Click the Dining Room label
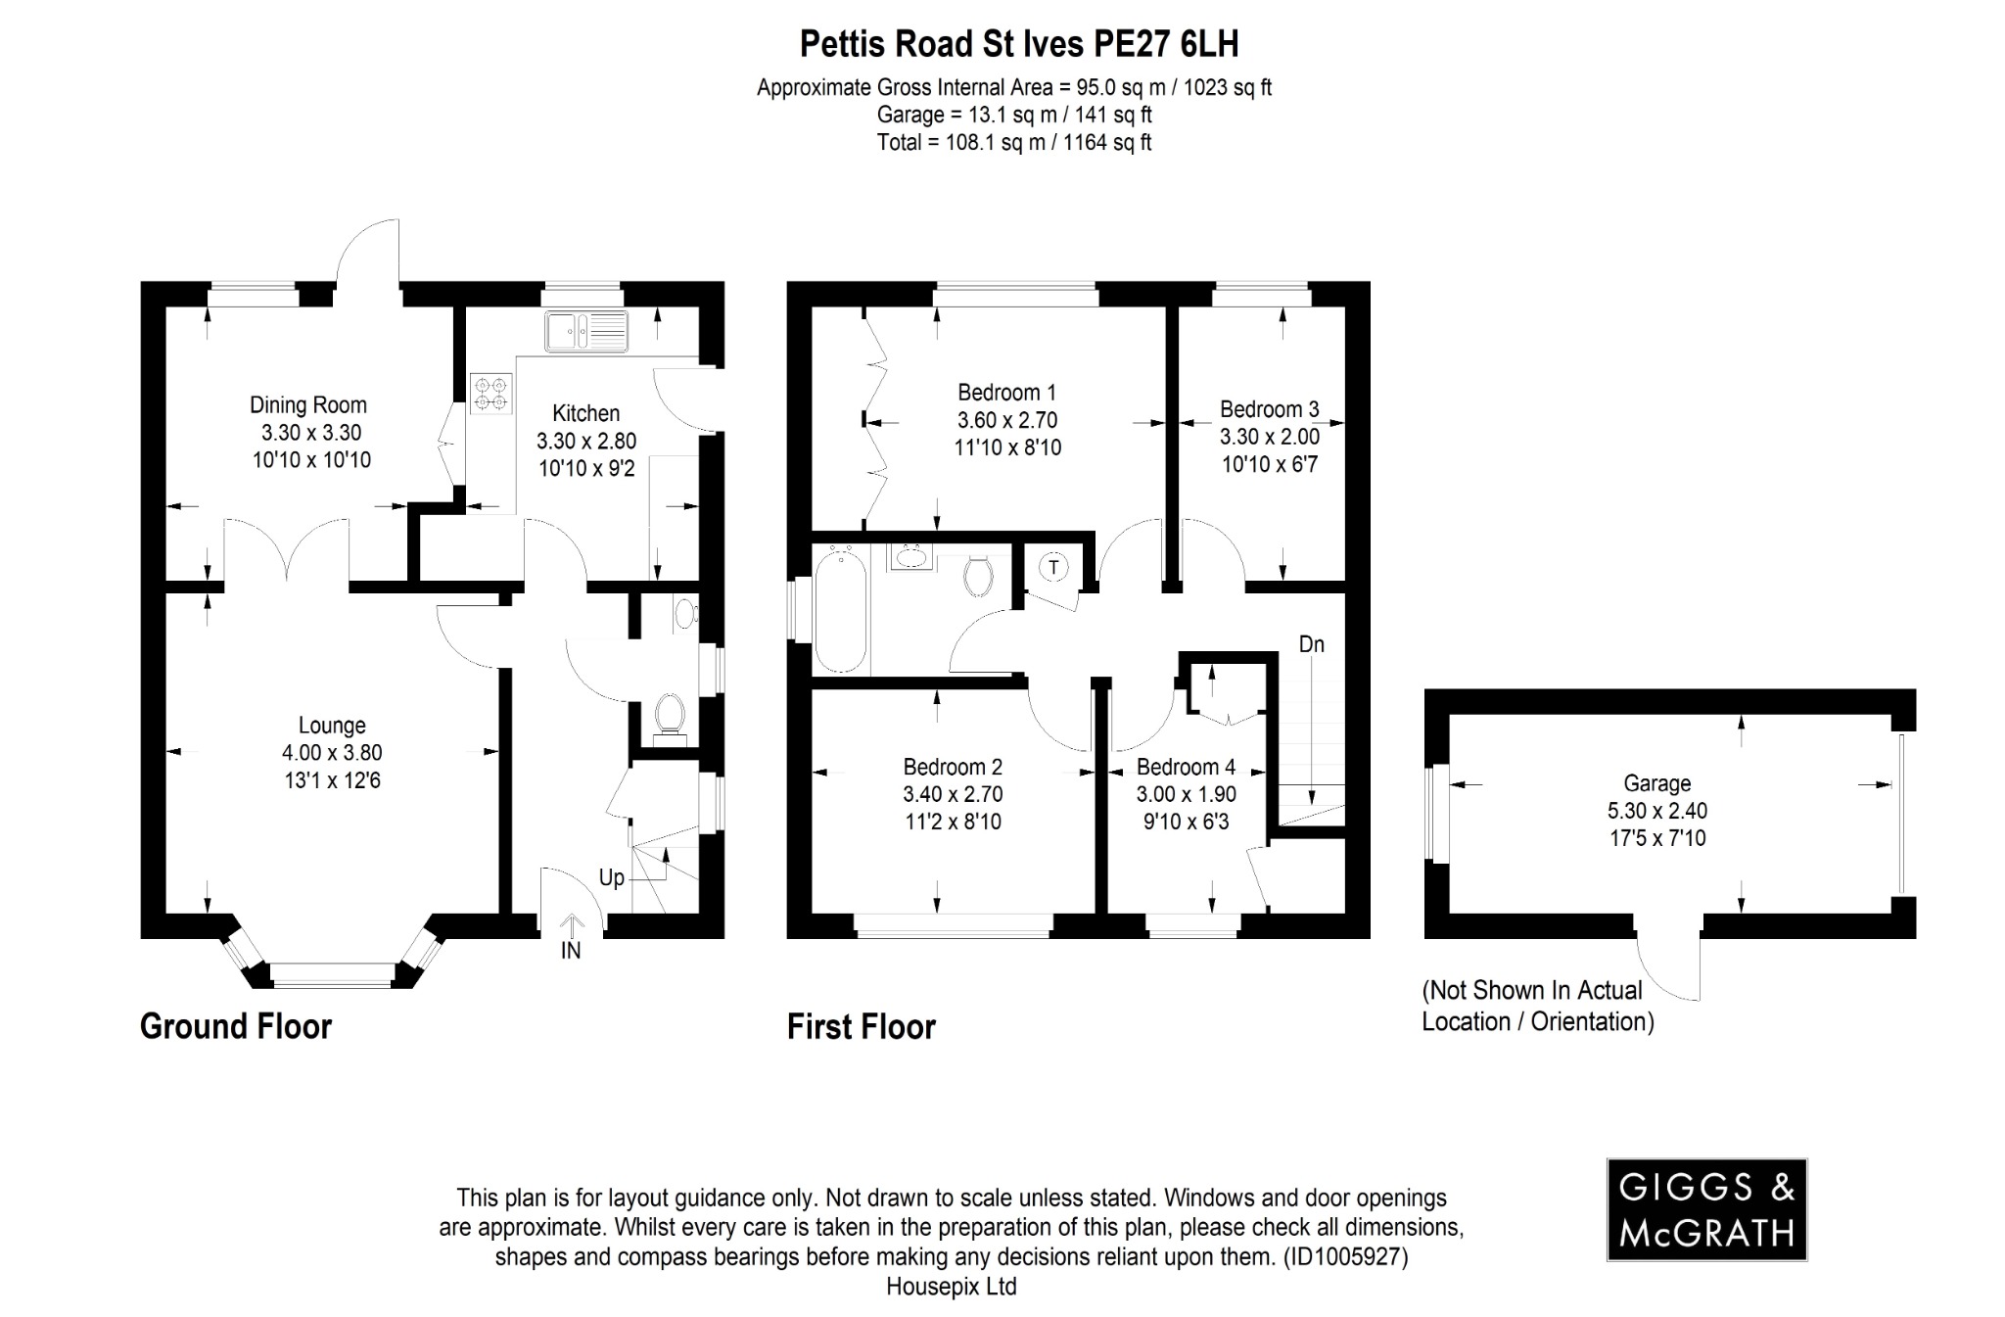point(307,404)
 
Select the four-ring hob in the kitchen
point(490,393)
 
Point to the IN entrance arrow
point(571,926)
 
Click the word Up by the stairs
point(611,877)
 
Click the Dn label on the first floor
point(1311,643)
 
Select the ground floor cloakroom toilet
point(670,714)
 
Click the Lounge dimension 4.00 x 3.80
point(332,753)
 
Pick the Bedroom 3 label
point(1269,409)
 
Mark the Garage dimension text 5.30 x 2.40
point(1656,811)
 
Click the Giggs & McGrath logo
point(1706,1209)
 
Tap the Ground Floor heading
point(236,1026)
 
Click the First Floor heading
point(861,1026)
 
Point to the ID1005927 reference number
point(1346,1256)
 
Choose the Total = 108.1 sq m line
point(1013,143)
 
